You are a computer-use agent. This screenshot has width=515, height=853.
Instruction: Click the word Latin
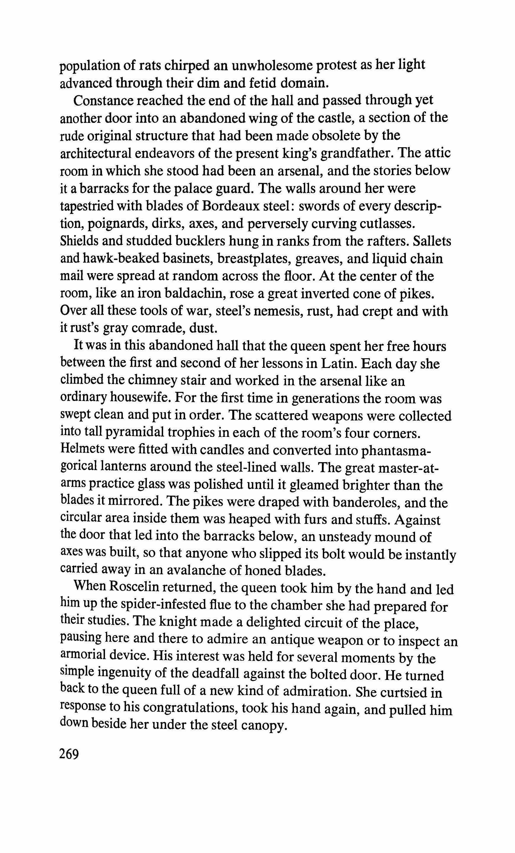341,364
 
